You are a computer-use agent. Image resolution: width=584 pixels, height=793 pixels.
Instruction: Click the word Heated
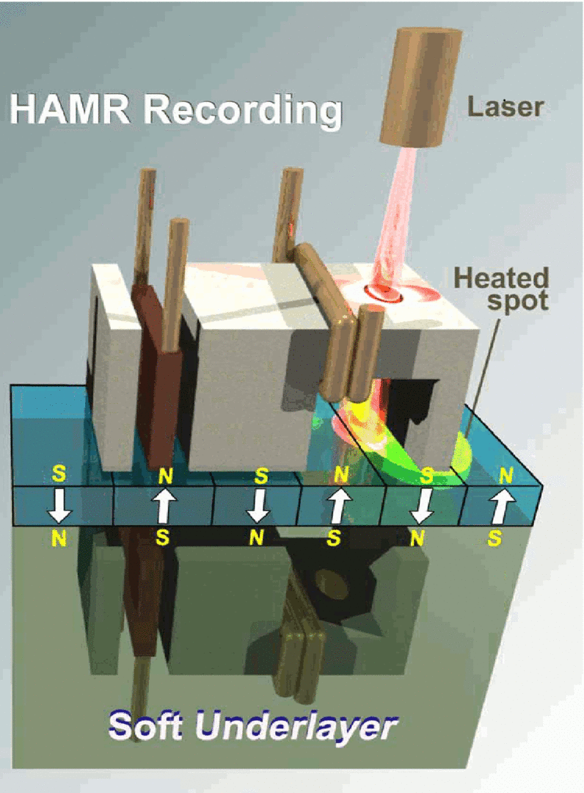(501, 278)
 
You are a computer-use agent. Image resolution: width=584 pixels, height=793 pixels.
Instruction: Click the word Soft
(150, 725)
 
